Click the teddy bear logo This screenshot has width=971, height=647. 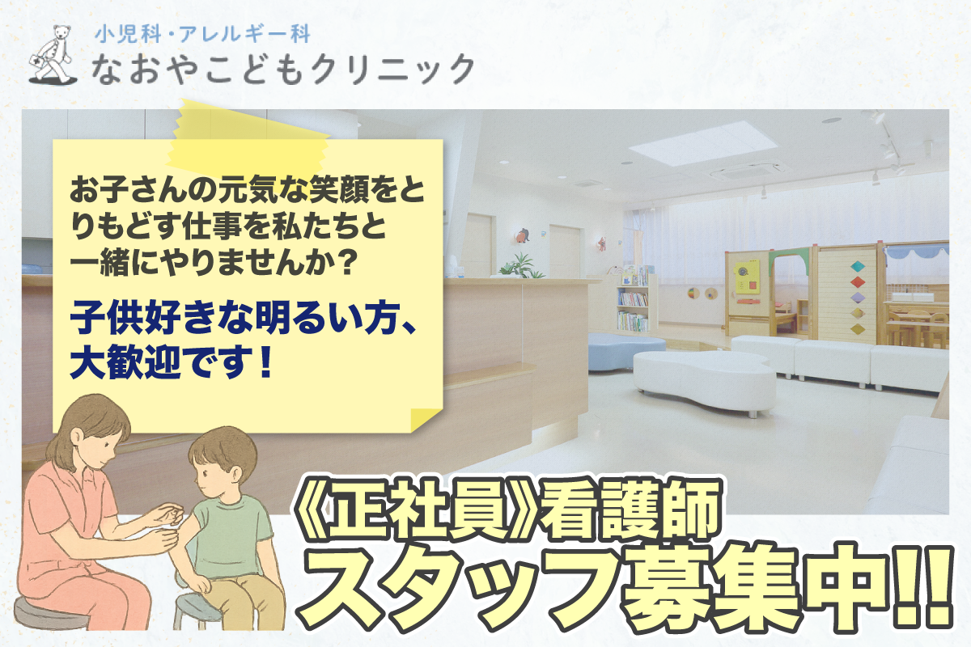click(53, 55)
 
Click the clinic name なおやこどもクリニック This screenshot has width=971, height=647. click(283, 70)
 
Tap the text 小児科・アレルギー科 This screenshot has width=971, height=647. click(202, 34)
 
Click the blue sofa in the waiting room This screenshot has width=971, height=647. click(626, 350)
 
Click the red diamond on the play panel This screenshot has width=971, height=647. click(858, 282)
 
